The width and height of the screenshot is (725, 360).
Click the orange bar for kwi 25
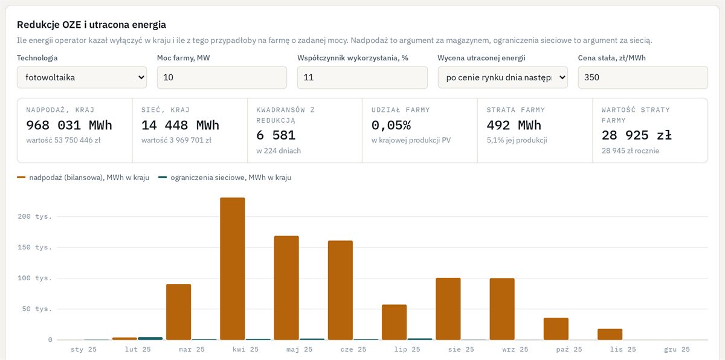233,268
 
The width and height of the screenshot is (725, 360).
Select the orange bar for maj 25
286,288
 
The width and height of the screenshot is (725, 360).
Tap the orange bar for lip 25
394,322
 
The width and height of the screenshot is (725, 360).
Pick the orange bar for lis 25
610,334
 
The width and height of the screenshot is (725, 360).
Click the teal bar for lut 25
150,338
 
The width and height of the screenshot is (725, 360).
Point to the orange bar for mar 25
179,312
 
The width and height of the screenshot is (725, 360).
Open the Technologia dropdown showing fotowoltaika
82,77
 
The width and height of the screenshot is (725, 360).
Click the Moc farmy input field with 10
222,77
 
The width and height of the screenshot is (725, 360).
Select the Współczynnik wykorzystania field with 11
362,77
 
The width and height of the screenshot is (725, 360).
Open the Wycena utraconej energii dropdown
503,77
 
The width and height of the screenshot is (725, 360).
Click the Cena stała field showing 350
643,77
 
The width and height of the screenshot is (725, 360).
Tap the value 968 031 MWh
69,125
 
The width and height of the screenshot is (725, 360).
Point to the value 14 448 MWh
180,125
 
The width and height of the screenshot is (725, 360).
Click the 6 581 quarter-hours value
275,135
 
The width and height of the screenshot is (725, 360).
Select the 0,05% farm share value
391,125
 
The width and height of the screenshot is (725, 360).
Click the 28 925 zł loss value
637,135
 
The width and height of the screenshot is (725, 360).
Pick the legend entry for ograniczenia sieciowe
225,178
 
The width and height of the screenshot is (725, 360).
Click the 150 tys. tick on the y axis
34,248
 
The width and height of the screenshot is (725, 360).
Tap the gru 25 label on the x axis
677,349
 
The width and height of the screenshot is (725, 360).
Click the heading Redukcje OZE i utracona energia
91,25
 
